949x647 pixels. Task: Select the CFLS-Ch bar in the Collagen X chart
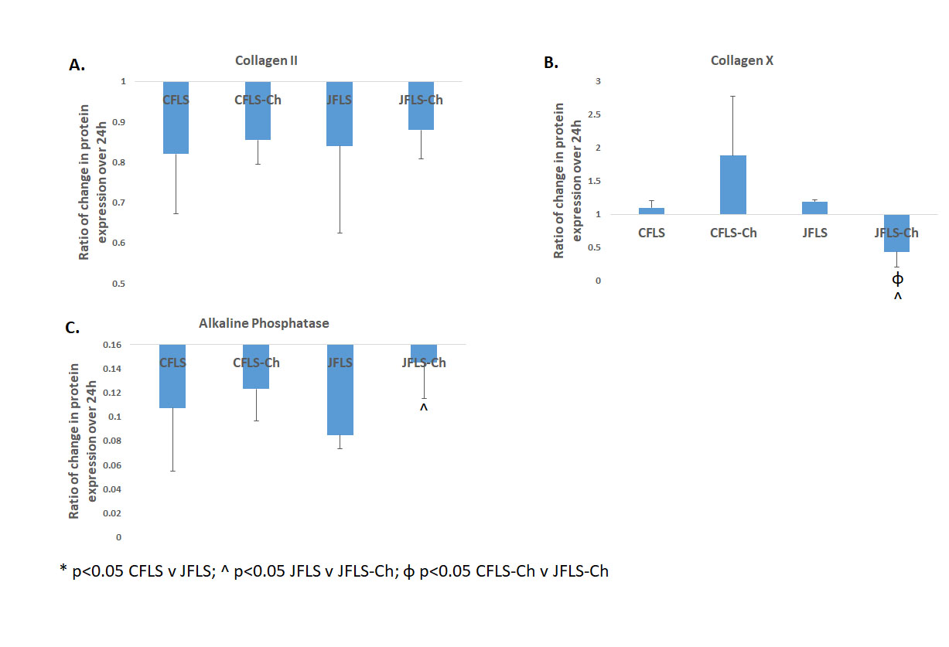click(x=733, y=186)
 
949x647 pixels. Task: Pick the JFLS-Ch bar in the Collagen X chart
click(x=896, y=233)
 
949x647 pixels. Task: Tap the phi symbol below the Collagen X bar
click(x=897, y=278)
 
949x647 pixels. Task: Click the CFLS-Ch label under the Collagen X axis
click(x=733, y=233)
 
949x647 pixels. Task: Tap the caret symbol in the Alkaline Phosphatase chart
click(x=423, y=407)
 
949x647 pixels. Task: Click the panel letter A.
click(x=77, y=66)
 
